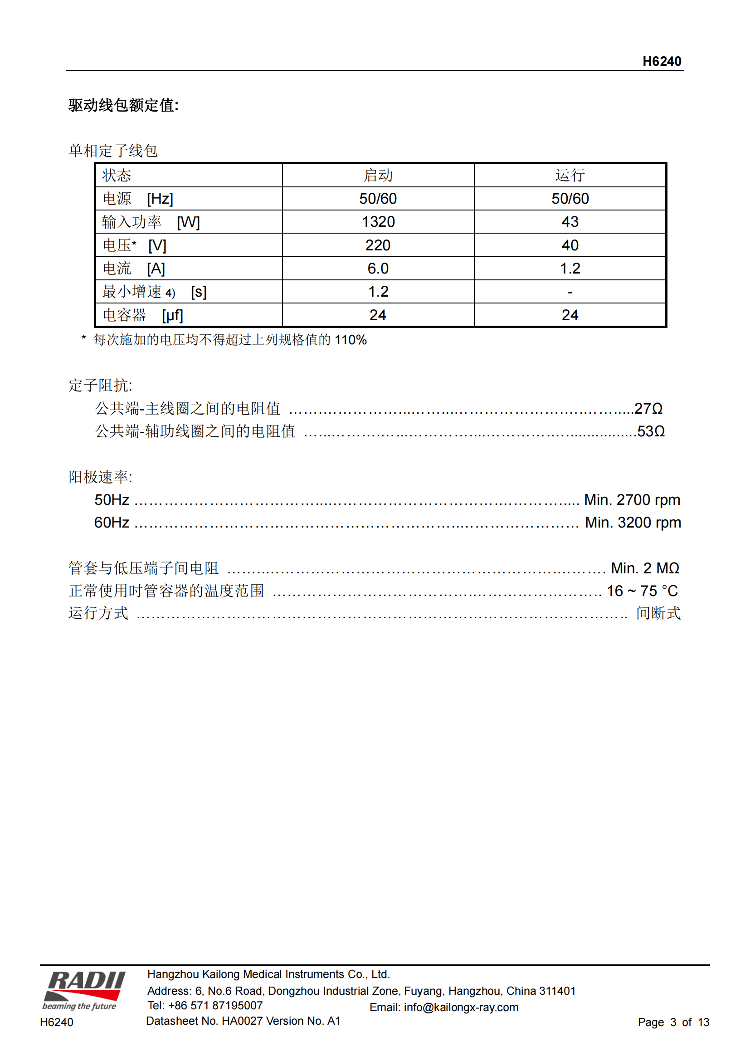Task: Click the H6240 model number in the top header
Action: click(x=661, y=61)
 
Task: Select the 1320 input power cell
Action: click(x=378, y=222)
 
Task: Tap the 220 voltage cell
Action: click(x=378, y=245)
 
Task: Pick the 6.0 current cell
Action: click(x=378, y=269)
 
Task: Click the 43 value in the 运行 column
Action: click(x=570, y=222)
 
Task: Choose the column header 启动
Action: click(x=378, y=175)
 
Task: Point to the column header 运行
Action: click(x=570, y=175)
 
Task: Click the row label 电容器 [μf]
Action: click(x=143, y=315)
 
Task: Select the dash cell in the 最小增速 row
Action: click(x=570, y=292)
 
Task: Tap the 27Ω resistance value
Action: click(x=648, y=409)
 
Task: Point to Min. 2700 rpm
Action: click(x=632, y=499)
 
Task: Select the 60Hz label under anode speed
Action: click(x=112, y=522)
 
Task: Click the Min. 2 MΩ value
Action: click(x=645, y=568)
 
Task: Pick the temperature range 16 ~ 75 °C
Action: click(x=642, y=591)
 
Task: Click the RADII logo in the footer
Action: click(x=84, y=991)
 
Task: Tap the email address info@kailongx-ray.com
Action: click(x=460, y=1007)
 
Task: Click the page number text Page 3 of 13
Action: click(x=673, y=1022)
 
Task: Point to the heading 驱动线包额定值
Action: click(x=123, y=105)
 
